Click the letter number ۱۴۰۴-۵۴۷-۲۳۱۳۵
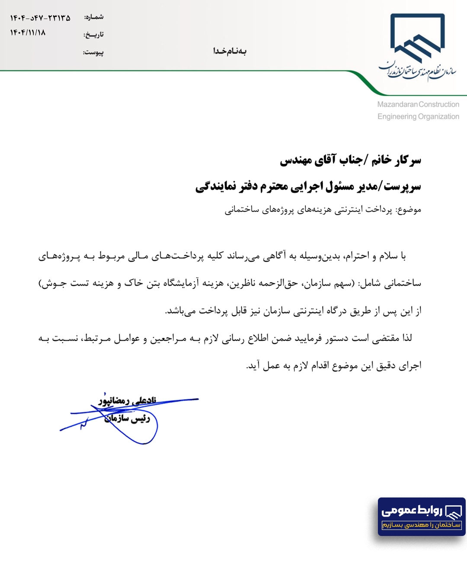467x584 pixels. click(x=40, y=18)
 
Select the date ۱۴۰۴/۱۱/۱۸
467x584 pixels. click(x=28, y=32)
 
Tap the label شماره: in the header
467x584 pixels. click(x=94, y=17)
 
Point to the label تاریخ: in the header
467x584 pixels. click(x=93, y=35)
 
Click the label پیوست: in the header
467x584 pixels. click(x=93, y=52)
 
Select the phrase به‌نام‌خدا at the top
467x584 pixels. click(x=230, y=51)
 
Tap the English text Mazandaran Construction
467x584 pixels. click(x=418, y=104)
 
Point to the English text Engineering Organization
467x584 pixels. click(x=418, y=116)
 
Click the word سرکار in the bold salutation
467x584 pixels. click(x=408, y=160)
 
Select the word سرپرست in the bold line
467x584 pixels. click(x=403, y=187)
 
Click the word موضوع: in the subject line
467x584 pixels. click(x=409, y=210)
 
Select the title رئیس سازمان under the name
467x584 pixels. click(x=127, y=418)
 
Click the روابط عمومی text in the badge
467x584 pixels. click(x=411, y=510)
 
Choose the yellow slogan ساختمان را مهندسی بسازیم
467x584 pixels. click(x=422, y=525)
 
